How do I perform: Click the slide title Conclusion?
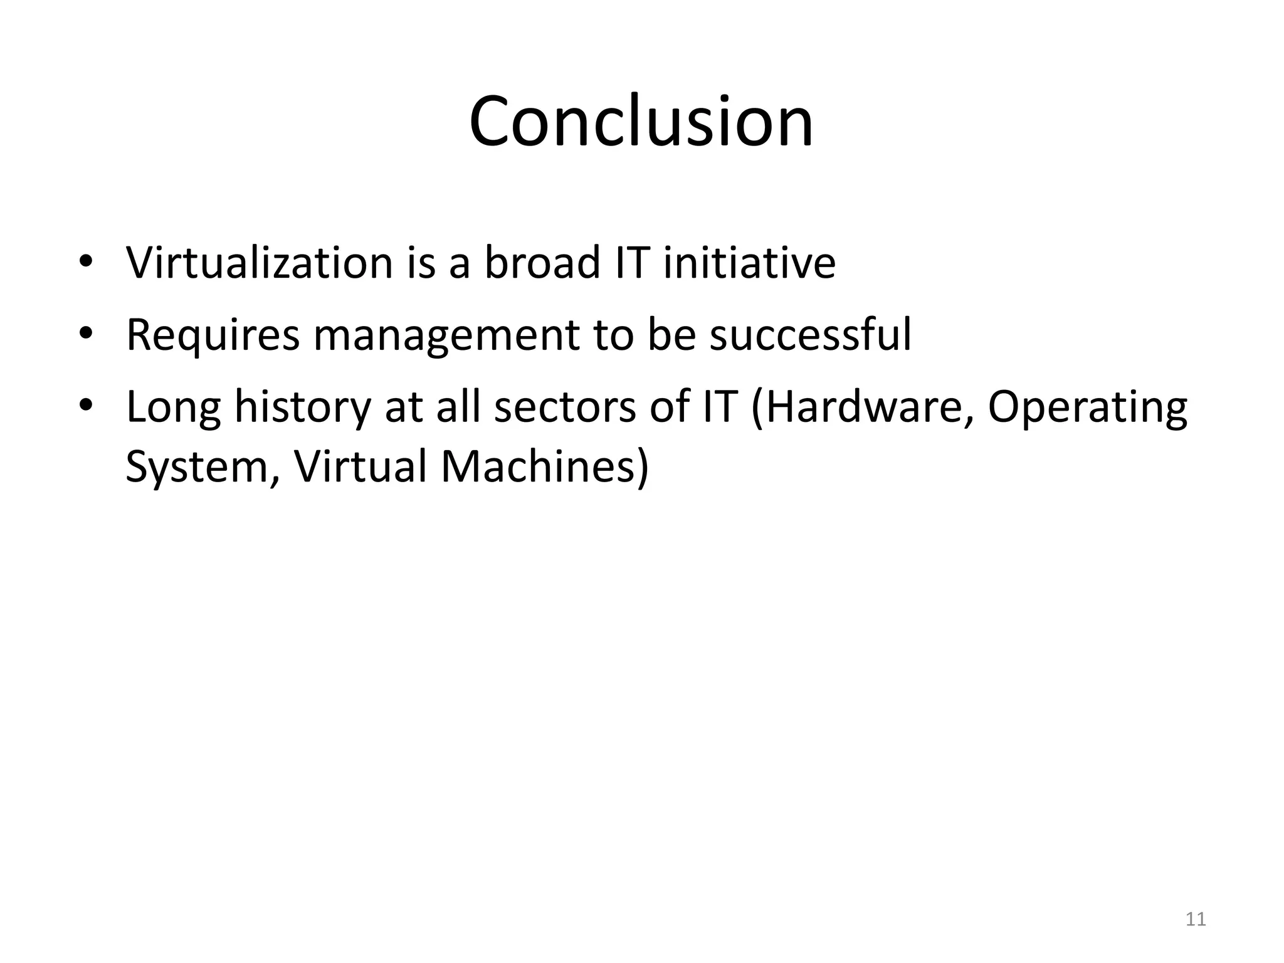tap(641, 122)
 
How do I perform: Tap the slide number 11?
tap(1196, 920)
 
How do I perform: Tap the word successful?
tap(810, 335)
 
